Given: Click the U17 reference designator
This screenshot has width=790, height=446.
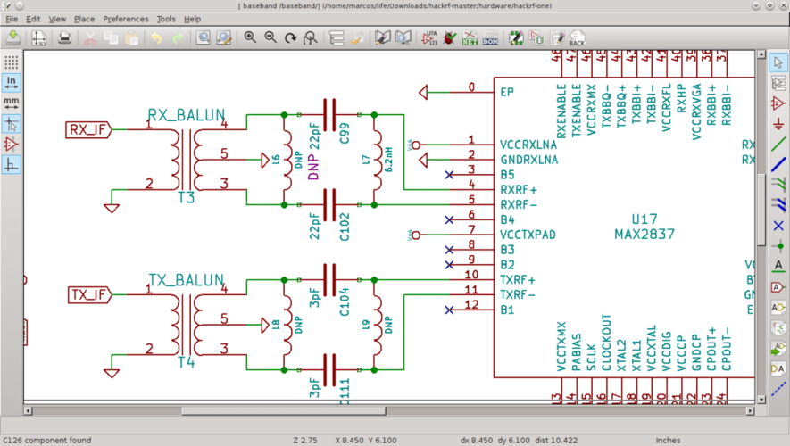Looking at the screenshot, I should [x=644, y=218].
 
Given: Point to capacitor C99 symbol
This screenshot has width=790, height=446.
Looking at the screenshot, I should [x=329, y=115].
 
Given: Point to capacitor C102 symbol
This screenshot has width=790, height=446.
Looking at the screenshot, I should [x=329, y=204].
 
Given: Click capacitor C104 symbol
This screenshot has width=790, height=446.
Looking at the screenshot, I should [x=329, y=279].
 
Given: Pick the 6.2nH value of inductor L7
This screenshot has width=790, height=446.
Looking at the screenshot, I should [x=390, y=160].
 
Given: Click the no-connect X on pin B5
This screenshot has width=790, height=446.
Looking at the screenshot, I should [x=447, y=175].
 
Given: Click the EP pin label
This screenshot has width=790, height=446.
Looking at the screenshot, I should [x=507, y=91].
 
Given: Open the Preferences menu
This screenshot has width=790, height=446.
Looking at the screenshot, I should [x=126, y=19].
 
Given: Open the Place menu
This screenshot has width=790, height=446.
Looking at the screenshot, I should [x=84, y=19].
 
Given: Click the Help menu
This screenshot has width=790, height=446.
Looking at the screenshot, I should [x=192, y=19].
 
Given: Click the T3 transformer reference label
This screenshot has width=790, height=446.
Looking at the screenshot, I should [x=185, y=198].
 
